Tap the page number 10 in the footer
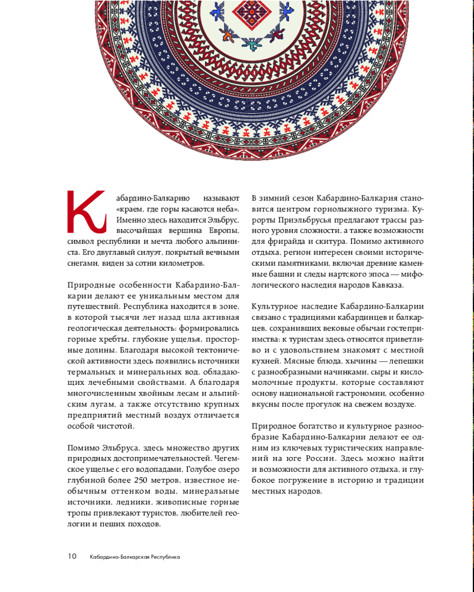pos(72,556)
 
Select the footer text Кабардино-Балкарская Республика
pos(134,557)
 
